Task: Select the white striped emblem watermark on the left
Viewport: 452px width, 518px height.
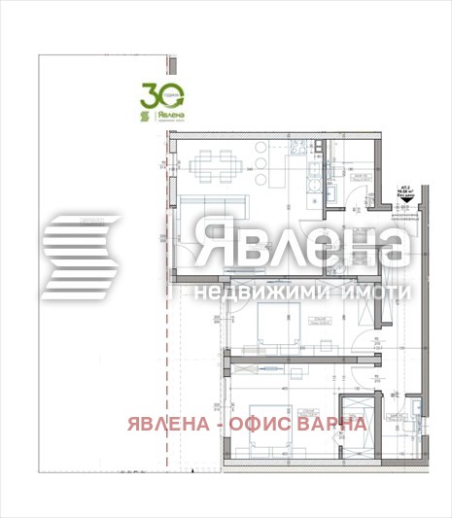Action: tap(81, 255)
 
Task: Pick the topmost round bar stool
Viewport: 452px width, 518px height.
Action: tap(261, 148)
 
